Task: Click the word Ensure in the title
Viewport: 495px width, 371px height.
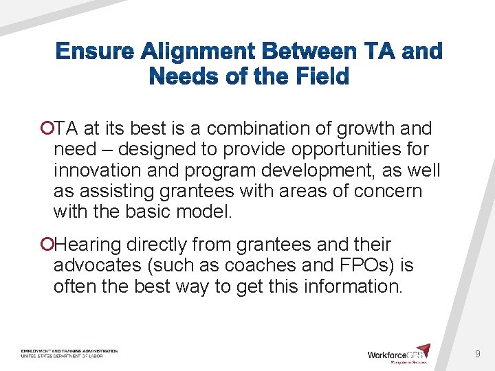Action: click(x=94, y=52)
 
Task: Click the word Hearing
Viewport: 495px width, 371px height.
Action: click(x=88, y=245)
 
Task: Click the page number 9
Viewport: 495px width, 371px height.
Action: click(x=477, y=354)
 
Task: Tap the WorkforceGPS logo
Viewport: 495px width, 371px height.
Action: click(x=398, y=353)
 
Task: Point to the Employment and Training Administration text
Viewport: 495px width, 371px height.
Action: click(x=69, y=351)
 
